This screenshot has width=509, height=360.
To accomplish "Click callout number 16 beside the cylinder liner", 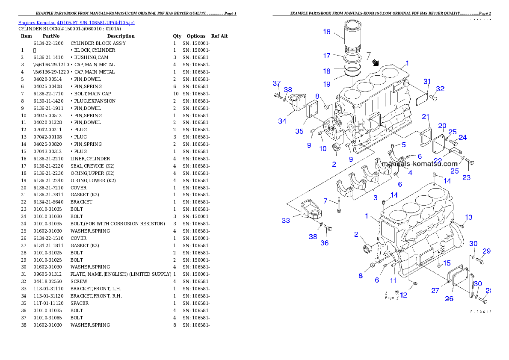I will (x=327, y=32).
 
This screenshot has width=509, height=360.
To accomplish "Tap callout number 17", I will (x=327, y=56).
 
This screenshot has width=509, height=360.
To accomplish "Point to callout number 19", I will (x=327, y=84).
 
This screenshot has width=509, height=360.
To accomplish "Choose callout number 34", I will (x=282, y=121).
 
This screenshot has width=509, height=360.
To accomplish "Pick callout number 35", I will (x=299, y=131).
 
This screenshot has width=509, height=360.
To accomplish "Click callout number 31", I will (x=427, y=82).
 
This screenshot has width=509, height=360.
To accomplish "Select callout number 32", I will (x=440, y=89).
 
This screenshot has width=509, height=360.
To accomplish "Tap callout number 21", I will (x=426, y=117).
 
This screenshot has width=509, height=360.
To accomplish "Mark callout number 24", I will (x=463, y=137).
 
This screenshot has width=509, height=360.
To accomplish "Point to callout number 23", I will (x=466, y=177).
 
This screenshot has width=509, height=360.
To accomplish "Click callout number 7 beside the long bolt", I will (x=325, y=201).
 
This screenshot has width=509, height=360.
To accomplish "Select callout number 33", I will (x=286, y=221).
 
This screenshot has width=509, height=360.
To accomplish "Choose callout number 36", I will (x=325, y=243).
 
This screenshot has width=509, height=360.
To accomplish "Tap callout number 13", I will (x=469, y=217).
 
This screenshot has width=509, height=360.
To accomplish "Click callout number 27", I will (x=435, y=290).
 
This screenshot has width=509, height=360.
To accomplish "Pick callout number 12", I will (x=404, y=295).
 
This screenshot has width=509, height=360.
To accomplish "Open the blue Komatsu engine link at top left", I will (x=76, y=23).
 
